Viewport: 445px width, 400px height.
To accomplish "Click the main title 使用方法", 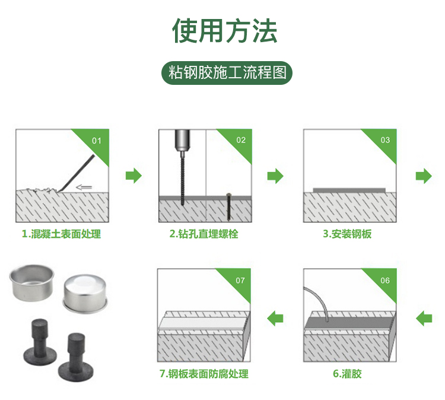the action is pyautogui.click(x=224, y=31).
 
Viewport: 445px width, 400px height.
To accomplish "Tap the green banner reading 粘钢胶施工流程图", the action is pyautogui.click(x=227, y=73).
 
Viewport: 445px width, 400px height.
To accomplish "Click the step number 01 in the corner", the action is pyautogui.click(x=97, y=141).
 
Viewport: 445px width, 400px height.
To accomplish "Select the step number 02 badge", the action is pyautogui.click(x=241, y=140).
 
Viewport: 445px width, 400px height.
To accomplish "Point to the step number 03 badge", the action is pyautogui.click(x=385, y=140).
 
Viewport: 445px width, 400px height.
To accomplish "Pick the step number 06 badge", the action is pyautogui.click(x=385, y=281).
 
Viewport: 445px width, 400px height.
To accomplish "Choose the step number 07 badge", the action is pyautogui.click(x=240, y=281).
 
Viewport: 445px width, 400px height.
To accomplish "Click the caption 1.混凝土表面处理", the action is pyautogui.click(x=61, y=234).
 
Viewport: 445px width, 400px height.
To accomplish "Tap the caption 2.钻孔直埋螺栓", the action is pyautogui.click(x=204, y=234).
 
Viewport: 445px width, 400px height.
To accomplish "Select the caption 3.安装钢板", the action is pyautogui.click(x=347, y=234).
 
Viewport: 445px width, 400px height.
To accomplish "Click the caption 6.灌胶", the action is pyautogui.click(x=347, y=374).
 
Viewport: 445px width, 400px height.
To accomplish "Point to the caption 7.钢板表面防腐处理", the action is pyautogui.click(x=204, y=374).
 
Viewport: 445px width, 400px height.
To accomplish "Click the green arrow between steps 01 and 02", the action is pyautogui.click(x=133, y=176).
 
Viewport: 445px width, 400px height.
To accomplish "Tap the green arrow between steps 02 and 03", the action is pyautogui.click(x=275, y=176).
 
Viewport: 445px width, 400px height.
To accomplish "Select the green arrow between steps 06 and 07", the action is pyautogui.click(x=275, y=318).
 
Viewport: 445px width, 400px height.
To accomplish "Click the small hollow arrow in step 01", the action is pyautogui.click(x=84, y=187).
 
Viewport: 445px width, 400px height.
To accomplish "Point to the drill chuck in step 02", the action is pyautogui.click(x=182, y=140).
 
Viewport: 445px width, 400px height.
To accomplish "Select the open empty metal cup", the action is pyautogui.click(x=31, y=282).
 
